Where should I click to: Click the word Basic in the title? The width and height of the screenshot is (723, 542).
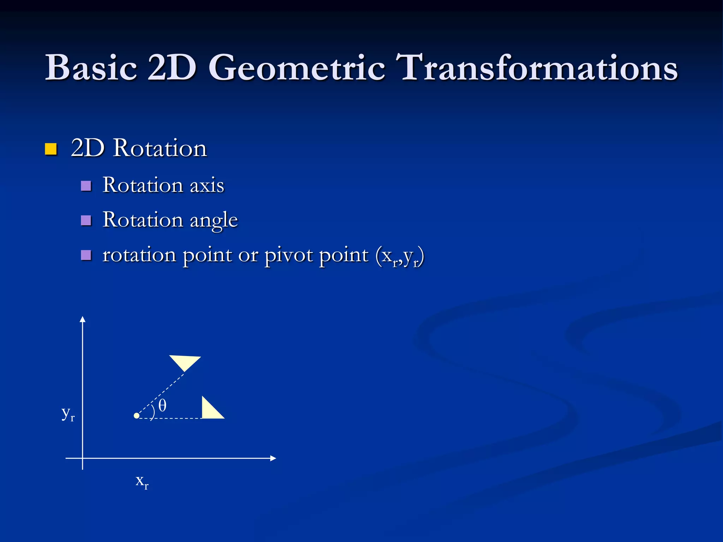91,67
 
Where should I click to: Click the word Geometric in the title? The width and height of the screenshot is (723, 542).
297,67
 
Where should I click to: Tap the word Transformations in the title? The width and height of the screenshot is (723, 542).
537,67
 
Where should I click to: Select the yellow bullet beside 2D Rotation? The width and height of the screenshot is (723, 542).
51,149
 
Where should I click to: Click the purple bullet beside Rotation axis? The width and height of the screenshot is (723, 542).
86,186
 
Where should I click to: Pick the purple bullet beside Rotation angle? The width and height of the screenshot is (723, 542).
86,221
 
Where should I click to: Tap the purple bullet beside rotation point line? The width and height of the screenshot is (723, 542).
86,255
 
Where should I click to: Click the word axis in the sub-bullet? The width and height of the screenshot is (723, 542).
207,185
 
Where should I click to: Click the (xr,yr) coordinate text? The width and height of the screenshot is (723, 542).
400,256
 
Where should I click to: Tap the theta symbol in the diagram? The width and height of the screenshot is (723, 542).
162,405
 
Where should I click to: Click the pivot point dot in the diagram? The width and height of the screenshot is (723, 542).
137,416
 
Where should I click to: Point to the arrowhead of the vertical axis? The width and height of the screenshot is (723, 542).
83,319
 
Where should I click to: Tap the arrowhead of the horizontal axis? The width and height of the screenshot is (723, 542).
273,458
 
